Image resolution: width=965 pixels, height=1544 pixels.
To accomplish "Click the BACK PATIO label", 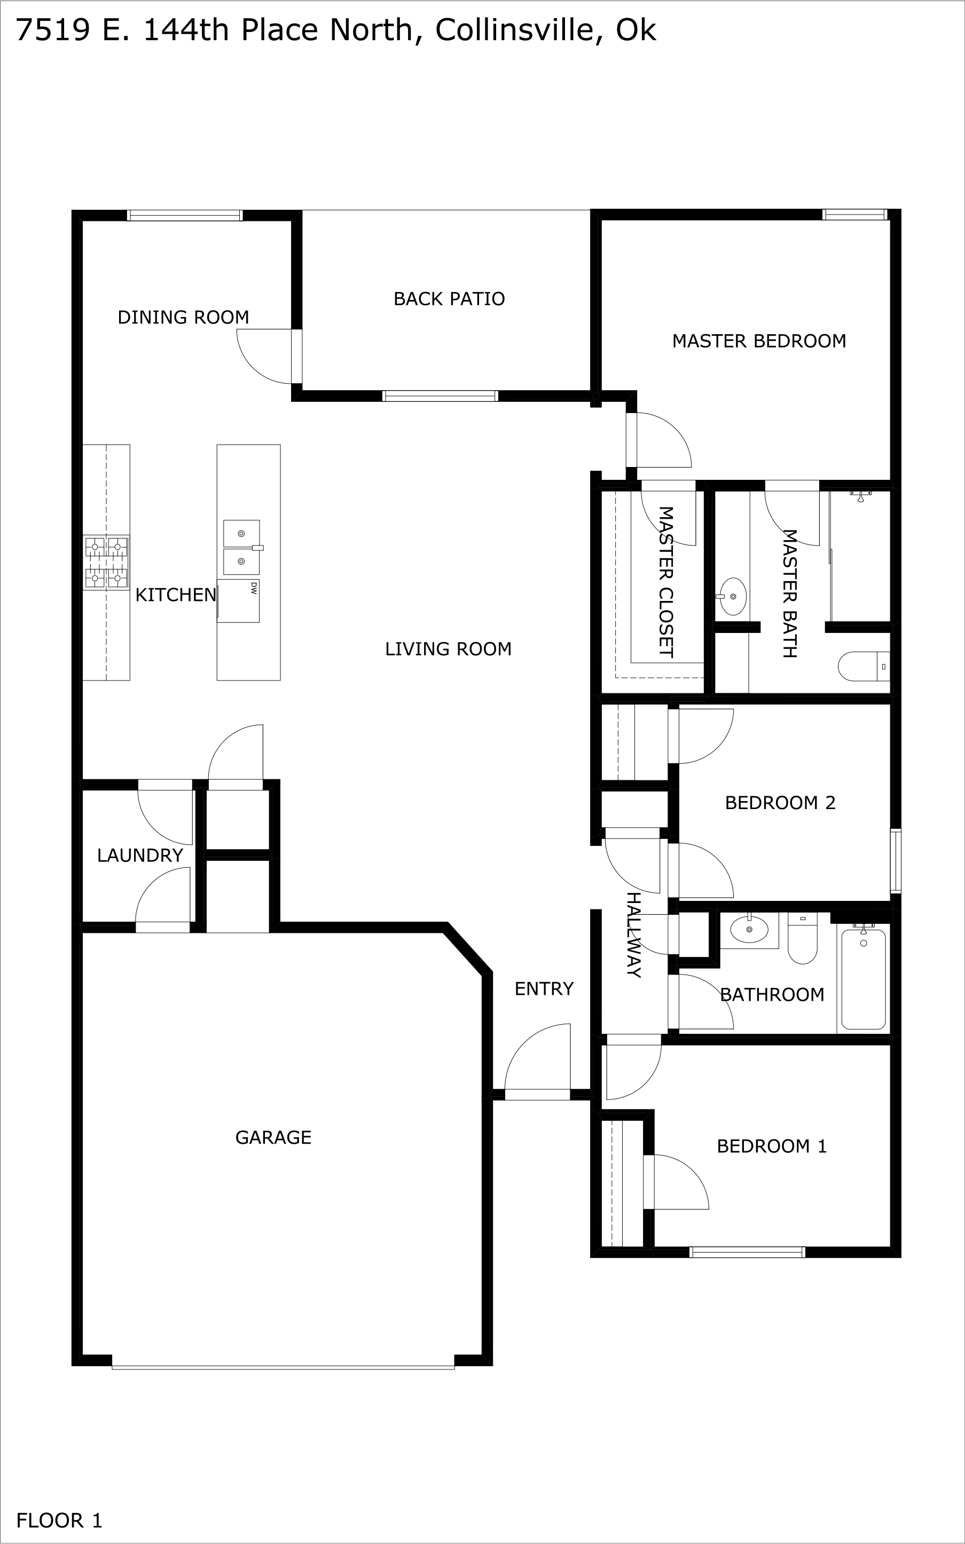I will click(x=449, y=298).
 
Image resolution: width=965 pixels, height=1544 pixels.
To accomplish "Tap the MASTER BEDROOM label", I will click(x=759, y=341).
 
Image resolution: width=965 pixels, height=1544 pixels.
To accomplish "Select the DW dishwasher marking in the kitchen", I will click(x=253, y=588).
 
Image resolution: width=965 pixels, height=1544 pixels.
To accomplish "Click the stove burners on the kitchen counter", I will click(x=106, y=563).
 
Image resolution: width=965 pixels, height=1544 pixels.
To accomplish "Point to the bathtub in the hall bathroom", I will click(x=863, y=979).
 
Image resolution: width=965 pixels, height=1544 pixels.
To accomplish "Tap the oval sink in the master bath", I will click(x=733, y=596).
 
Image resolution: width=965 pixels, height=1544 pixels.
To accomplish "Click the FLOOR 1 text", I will click(x=59, y=1521).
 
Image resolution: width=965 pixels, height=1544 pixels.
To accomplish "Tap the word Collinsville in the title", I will click(x=514, y=30).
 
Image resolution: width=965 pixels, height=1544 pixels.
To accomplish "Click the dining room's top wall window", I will click(x=184, y=216).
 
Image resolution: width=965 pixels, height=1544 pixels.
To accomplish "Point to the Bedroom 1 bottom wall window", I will click(x=747, y=1253).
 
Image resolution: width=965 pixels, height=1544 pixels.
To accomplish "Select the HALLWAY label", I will click(x=632, y=935).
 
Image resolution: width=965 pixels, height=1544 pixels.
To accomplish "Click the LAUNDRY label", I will click(x=140, y=855).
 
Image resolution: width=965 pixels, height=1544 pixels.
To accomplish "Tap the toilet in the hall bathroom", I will click(x=802, y=939).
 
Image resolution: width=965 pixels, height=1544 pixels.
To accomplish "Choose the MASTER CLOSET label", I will click(x=665, y=582).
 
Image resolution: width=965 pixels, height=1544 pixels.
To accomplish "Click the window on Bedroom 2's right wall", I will click(x=896, y=860).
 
